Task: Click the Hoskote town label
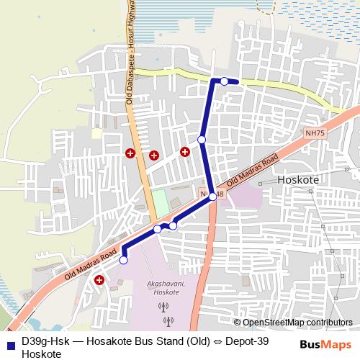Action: tap(298, 179)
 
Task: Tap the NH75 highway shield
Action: tap(315, 133)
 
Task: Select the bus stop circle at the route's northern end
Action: tap(225, 81)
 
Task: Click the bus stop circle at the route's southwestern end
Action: tap(123, 260)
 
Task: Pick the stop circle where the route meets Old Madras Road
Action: tap(212, 196)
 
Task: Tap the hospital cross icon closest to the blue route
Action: tap(185, 151)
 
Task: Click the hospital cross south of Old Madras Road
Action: tap(99, 280)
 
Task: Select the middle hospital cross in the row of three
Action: tap(153, 155)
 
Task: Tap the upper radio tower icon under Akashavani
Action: tap(166, 306)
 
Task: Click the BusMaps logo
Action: tap(327, 344)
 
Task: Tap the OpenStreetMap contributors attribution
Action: tap(297, 323)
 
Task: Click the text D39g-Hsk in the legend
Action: tap(45, 342)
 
